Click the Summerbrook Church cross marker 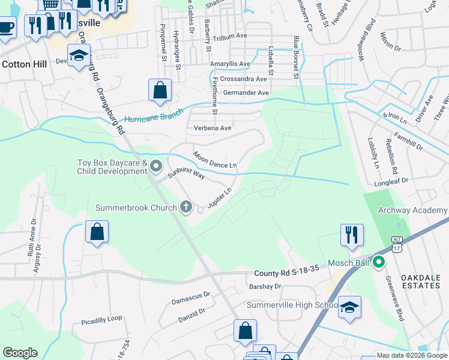186,208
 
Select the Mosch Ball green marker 378,263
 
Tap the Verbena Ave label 212,128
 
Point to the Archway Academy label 412,210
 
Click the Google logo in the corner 20,353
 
